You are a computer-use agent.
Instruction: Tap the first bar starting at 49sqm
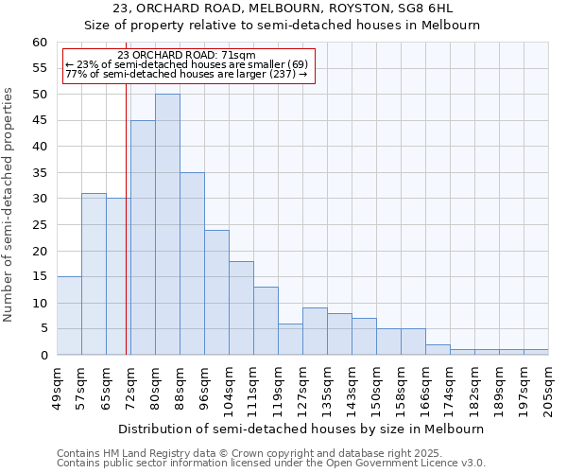coord(69,316)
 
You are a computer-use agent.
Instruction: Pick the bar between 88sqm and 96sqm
coord(192,264)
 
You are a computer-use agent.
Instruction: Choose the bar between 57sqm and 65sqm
coord(94,274)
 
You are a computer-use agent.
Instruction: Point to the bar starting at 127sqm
coord(315,331)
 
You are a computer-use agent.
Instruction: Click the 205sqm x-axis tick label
coord(549,389)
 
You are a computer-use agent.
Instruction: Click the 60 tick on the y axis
coord(39,43)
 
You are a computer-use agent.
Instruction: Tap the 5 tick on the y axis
coord(43,329)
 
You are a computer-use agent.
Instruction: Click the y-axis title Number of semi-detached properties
coord(9,204)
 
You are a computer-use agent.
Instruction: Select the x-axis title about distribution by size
coord(302,429)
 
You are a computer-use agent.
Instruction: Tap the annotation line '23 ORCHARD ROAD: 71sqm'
coord(186,56)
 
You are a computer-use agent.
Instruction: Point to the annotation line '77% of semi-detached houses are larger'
coord(186,74)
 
